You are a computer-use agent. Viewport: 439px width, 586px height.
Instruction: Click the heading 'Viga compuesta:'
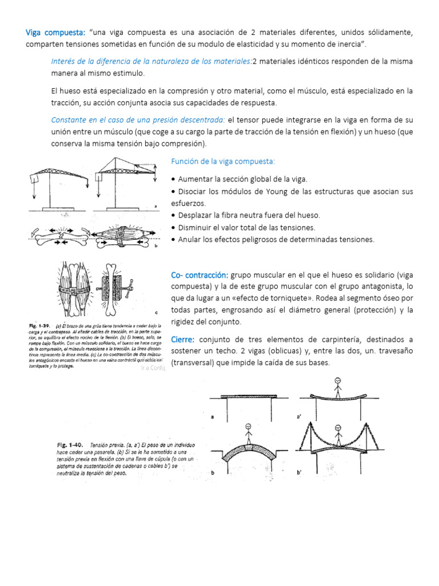point(55,31)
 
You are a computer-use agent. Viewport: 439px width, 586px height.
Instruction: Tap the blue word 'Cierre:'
point(183,339)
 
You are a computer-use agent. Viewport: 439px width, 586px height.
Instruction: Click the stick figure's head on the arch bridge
point(248,427)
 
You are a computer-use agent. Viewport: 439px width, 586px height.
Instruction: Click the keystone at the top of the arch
point(248,444)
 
